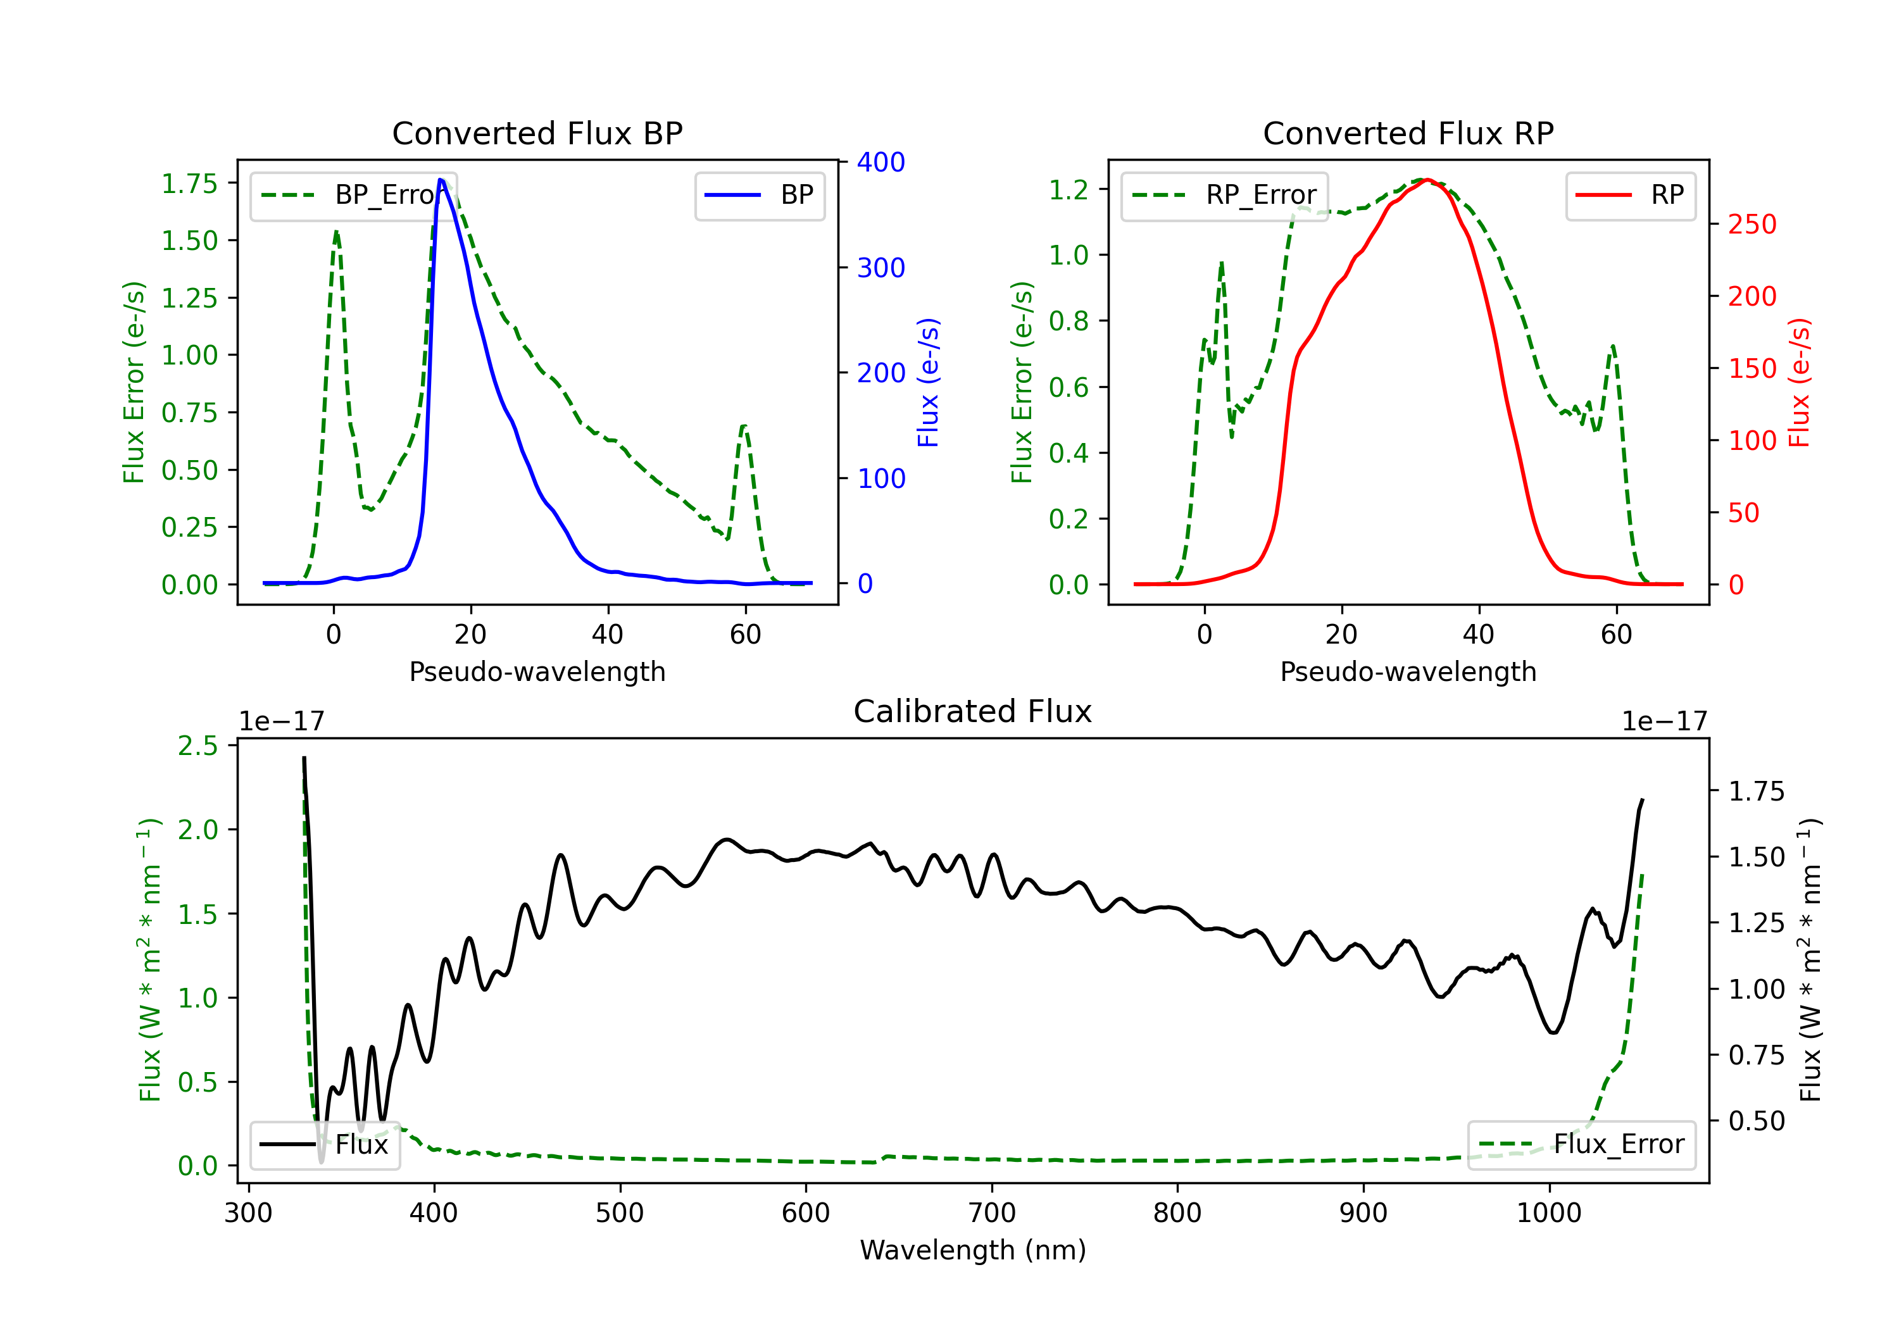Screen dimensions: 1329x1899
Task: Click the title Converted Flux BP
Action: click(x=537, y=133)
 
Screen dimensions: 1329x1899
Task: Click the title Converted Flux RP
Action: click(x=1408, y=133)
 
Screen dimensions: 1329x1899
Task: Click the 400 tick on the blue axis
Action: click(x=881, y=162)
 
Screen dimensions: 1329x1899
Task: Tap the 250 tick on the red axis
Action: click(x=1752, y=224)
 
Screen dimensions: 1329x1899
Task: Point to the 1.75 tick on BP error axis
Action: click(x=189, y=184)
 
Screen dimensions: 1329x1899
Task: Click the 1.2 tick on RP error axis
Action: click(x=1068, y=189)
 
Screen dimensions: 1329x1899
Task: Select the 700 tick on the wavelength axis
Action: click(x=992, y=1213)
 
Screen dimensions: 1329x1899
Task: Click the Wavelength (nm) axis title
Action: click(x=973, y=1250)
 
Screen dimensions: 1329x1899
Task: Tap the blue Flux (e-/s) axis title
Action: click(x=928, y=382)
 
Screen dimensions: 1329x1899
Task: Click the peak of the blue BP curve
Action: click(x=441, y=180)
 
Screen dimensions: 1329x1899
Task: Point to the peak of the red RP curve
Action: click(x=1427, y=180)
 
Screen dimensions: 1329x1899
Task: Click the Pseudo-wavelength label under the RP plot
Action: click(x=1408, y=671)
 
